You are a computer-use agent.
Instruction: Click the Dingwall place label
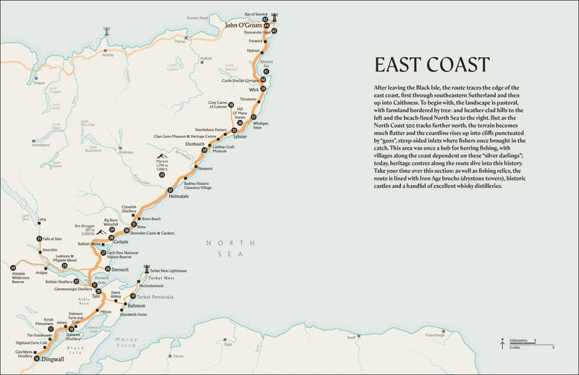click(x=53, y=359)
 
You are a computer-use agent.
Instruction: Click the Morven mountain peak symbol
click(x=161, y=155)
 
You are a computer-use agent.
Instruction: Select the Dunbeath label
click(x=195, y=144)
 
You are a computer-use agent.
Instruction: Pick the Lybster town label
click(x=240, y=137)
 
